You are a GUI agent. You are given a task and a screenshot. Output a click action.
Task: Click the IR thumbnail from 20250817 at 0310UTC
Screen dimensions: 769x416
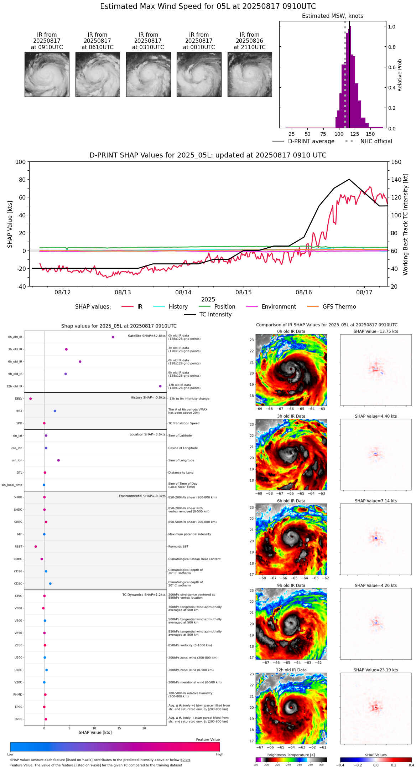click(x=148, y=74)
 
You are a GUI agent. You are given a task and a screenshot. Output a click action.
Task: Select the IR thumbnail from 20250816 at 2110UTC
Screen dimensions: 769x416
click(x=250, y=74)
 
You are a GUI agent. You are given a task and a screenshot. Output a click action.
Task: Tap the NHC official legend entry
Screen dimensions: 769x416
click(x=376, y=141)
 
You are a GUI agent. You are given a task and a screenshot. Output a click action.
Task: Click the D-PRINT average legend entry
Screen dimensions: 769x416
click(x=311, y=141)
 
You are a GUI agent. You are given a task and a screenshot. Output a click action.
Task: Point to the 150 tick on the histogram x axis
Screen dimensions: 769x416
click(x=370, y=134)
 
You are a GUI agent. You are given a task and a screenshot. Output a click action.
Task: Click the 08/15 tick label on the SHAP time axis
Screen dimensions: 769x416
click(x=244, y=292)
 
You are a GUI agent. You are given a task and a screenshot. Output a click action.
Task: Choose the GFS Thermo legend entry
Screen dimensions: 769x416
click(x=339, y=307)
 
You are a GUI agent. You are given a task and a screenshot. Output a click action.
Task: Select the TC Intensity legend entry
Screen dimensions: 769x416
click(x=215, y=315)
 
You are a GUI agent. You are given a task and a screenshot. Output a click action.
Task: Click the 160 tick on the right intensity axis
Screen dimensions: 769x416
click(x=396, y=162)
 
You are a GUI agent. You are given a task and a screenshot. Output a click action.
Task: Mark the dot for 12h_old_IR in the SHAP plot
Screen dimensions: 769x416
click(x=160, y=386)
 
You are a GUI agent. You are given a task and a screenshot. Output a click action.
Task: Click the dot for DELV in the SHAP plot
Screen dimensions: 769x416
click(x=31, y=399)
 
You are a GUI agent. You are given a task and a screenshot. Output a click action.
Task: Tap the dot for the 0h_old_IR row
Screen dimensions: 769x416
click(x=113, y=337)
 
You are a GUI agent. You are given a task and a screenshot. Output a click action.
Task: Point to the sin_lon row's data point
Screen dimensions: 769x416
click(x=58, y=460)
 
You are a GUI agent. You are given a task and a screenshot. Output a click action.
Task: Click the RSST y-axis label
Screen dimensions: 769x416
click(x=19, y=547)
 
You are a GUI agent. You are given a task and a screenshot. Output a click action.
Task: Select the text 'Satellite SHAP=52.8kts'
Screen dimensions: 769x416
click(x=147, y=336)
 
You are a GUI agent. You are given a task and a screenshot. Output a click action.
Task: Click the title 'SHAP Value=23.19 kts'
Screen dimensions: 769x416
click(x=376, y=670)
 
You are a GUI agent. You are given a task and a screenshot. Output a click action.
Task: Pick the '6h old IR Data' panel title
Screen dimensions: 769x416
click(x=291, y=501)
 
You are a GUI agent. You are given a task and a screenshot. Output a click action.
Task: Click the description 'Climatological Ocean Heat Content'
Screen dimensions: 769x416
click(x=194, y=559)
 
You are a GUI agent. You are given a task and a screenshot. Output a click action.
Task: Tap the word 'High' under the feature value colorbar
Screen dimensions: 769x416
click(x=219, y=754)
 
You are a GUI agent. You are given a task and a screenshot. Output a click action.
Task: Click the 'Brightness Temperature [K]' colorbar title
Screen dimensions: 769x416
click(x=291, y=755)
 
